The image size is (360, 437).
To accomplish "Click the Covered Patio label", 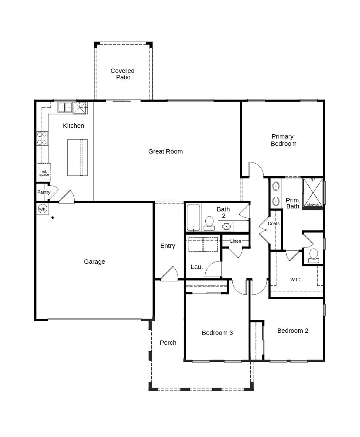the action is tap(123, 74).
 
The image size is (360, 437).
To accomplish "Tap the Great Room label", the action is tap(165, 151).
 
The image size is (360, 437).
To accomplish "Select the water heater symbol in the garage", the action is tap(42, 209).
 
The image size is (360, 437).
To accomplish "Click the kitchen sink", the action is tap(65, 107).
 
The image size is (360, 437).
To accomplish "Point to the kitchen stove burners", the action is tap(42, 139).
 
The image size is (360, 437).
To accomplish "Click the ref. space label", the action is tap(44, 173).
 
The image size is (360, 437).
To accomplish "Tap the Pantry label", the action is tap(44, 192).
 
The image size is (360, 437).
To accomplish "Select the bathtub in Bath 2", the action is tap(194, 218).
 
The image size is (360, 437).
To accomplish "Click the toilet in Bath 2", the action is tap(209, 224).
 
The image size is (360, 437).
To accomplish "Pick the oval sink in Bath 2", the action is tap(227, 226).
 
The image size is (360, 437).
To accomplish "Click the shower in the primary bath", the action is tap(313, 193).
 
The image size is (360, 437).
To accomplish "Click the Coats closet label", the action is tap(274, 223).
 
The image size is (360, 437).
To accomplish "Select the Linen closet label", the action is tap(236, 241).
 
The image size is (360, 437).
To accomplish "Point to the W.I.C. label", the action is tap(297, 280).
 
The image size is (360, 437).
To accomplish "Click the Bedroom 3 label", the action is tap(217, 333).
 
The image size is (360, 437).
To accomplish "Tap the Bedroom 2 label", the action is tap(293, 331).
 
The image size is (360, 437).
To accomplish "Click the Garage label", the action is tap(95, 262).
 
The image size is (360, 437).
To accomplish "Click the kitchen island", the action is tap(78, 157).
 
